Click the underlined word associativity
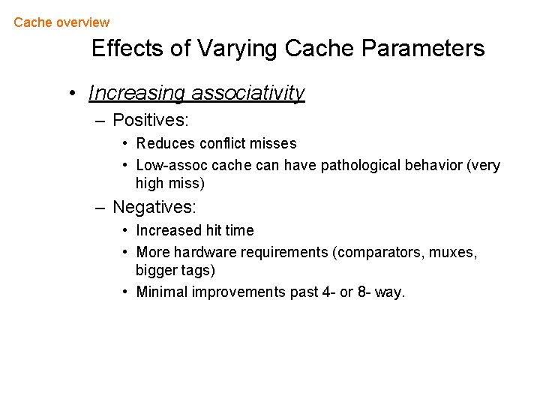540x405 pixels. point(248,93)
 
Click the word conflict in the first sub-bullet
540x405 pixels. point(223,143)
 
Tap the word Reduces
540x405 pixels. point(166,143)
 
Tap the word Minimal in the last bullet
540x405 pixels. point(162,292)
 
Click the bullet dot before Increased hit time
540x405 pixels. point(127,230)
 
